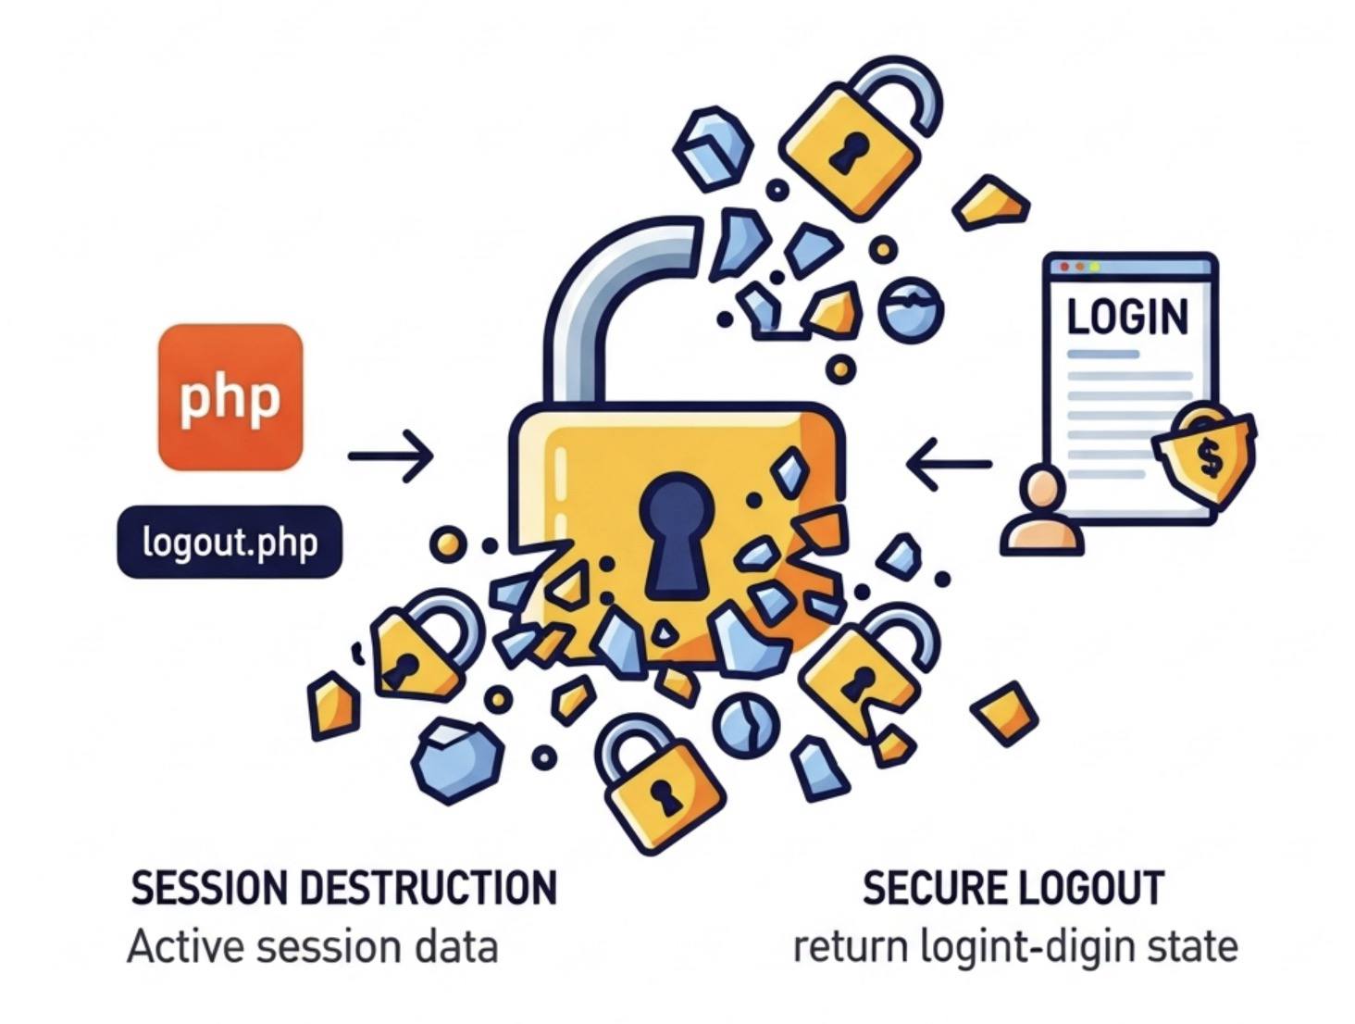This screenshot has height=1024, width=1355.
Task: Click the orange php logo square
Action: pos(230,396)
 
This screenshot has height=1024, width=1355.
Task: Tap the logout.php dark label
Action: pos(230,542)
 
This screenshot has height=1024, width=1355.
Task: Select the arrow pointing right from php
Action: pos(390,456)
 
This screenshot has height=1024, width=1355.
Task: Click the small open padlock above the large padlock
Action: pos(852,139)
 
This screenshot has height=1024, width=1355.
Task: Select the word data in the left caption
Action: pos(459,948)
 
